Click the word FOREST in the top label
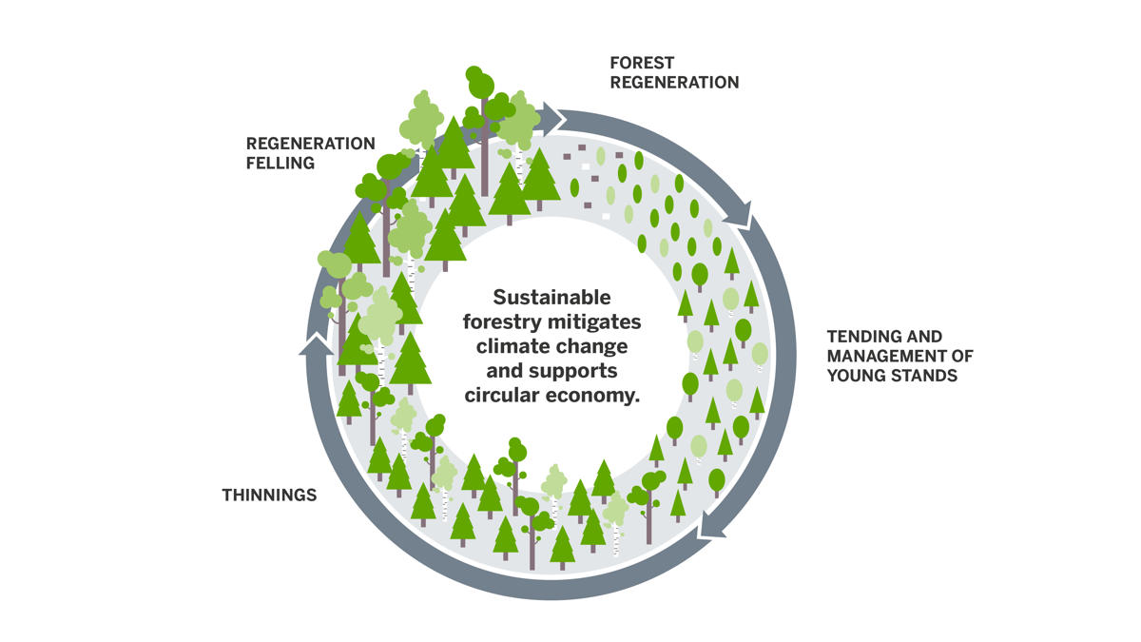pos(642,63)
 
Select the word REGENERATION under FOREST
pos(674,82)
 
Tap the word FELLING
pos(280,163)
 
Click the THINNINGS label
pos(269,495)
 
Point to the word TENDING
pos(861,337)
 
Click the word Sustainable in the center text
pos(552,297)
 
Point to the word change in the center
pos(593,346)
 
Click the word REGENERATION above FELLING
pos(311,144)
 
